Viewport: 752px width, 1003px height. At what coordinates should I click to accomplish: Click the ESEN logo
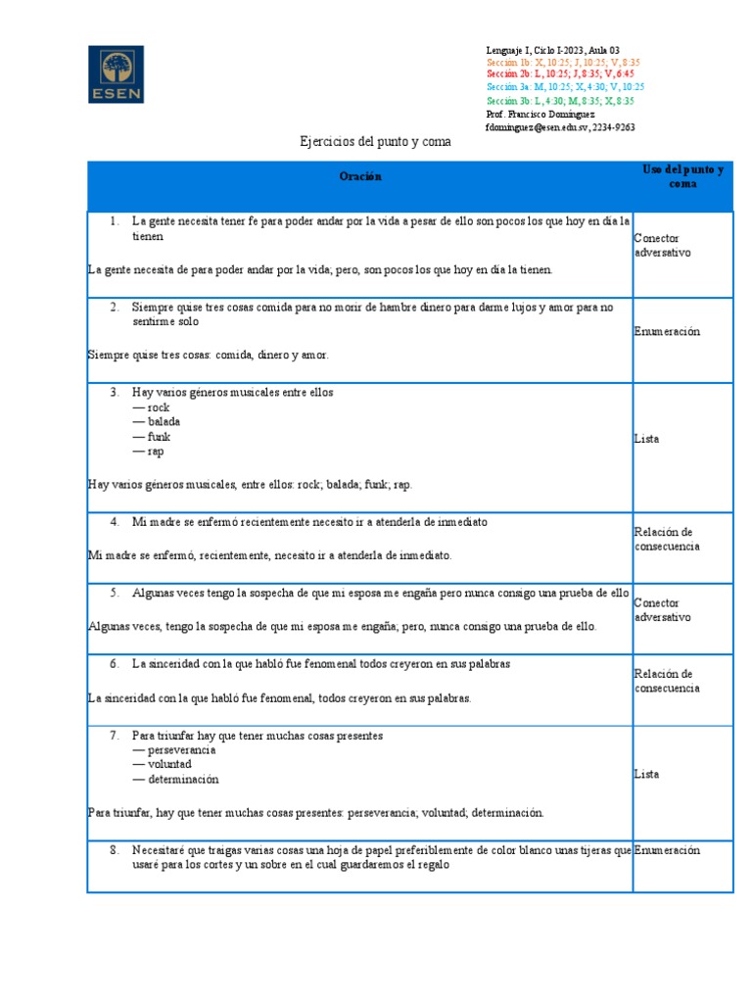(116, 73)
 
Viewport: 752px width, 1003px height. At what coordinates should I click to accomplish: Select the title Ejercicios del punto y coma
(375, 142)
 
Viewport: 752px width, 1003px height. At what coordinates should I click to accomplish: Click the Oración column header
(360, 176)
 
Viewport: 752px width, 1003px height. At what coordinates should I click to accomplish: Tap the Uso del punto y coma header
(682, 176)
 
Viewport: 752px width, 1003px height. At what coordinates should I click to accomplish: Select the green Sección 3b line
(560, 101)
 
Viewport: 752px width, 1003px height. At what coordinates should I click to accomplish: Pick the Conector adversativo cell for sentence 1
(662, 245)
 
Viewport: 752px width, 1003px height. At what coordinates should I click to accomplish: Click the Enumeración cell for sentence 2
(667, 332)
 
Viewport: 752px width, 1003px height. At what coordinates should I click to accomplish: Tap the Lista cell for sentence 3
(646, 439)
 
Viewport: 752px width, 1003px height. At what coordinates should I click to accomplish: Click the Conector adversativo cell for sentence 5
(662, 610)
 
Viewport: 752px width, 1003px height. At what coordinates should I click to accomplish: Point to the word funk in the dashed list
(159, 437)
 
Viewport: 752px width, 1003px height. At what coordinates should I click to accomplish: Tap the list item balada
(164, 422)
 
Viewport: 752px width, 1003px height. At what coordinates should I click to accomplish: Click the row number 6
(115, 664)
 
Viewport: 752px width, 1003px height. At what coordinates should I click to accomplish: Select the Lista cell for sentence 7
(646, 774)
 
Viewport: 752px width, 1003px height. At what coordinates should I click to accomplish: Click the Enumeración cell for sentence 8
(667, 851)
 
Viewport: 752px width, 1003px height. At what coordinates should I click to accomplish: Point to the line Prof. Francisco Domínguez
(540, 114)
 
